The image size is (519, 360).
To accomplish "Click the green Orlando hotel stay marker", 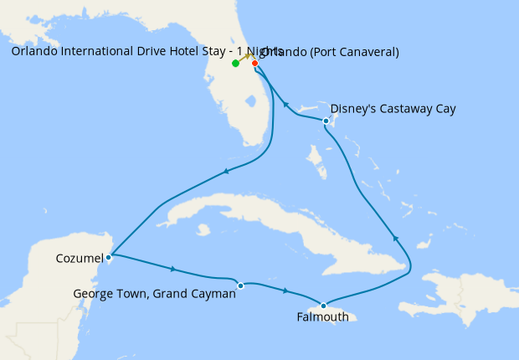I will click(x=235, y=64).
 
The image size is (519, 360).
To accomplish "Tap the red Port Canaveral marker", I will click(x=254, y=63).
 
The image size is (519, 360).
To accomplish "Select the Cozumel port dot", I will click(x=109, y=257).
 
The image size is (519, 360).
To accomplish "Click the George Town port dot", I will click(x=240, y=285).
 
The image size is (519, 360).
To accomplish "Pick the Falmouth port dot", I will click(x=323, y=306).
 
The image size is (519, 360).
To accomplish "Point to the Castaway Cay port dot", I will click(x=326, y=122).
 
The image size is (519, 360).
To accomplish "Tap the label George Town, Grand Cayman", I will click(x=155, y=294).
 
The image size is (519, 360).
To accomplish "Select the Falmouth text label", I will click(x=323, y=317).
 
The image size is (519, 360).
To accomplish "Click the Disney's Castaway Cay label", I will click(x=393, y=109).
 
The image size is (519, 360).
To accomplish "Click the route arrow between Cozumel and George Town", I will click(x=172, y=269).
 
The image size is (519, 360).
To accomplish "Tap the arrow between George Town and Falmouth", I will click(x=286, y=291).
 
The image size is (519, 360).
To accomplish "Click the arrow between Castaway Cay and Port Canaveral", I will click(x=285, y=105).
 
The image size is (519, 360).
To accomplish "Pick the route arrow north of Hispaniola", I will click(x=397, y=240).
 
